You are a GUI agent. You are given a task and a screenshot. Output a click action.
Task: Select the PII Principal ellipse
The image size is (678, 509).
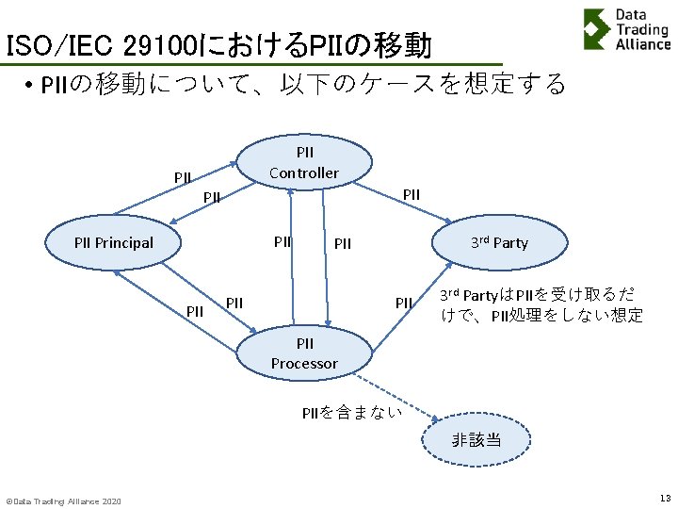click(113, 242)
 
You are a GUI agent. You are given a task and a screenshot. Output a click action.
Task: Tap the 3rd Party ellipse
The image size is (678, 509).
click(499, 242)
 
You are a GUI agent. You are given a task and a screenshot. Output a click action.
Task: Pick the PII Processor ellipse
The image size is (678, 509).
click(303, 353)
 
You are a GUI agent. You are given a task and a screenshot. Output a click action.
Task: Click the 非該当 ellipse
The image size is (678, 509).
click(476, 439)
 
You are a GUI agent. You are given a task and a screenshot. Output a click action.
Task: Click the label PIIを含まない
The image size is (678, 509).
click(351, 412)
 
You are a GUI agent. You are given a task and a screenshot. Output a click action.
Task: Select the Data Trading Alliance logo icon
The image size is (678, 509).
click(595, 28)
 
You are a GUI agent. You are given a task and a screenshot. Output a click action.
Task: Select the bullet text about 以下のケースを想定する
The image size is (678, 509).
click(301, 85)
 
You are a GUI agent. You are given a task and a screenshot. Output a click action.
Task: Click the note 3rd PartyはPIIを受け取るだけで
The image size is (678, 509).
click(541, 305)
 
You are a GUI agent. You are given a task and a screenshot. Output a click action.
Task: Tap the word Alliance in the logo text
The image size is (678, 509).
click(643, 44)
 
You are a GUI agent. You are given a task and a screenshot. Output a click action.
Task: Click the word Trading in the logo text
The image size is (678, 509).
click(642, 29)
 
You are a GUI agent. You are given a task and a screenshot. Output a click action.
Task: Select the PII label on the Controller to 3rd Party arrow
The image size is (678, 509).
click(412, 194)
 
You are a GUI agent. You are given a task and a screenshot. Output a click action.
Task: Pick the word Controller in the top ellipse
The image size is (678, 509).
click(303, 172)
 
